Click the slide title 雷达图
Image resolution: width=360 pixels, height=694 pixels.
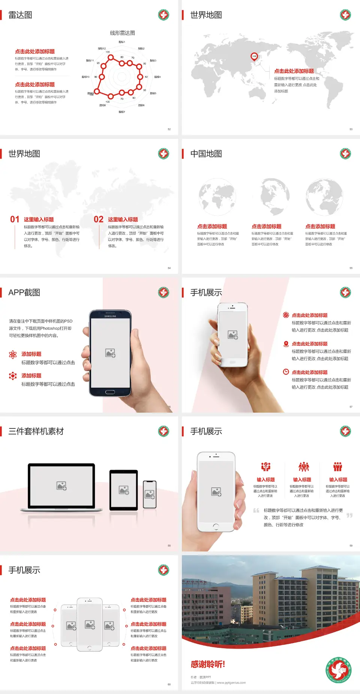coord(20,15)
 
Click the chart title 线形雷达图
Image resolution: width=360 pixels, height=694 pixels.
coord(122,33)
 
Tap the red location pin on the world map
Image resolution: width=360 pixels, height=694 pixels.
coord(254,57)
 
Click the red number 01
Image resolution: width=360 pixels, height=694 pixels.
coord(15,219)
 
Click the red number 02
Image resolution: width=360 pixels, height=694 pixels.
coord(99,219)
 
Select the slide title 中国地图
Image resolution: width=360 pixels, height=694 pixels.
coord(206,154)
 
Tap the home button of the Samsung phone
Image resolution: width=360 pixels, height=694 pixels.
coord(110,392)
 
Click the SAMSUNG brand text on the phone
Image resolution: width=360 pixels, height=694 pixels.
coord(110,316)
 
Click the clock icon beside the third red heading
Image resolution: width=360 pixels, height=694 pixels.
coord(286,372)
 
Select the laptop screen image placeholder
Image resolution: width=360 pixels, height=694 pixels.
coord(61,486)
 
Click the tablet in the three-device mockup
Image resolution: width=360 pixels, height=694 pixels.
coord(123,490)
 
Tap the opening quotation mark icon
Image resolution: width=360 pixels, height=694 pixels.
coord(256,510)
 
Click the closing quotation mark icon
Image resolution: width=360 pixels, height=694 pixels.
coord(349,515)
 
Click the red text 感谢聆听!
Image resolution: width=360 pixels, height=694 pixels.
coord(208,664)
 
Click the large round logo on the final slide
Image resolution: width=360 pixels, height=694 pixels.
coord(339,670)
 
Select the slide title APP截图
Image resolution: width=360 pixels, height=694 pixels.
coord(24,293)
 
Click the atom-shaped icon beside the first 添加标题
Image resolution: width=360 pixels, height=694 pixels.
coord(13,355)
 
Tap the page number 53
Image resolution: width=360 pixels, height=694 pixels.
coord(351,129)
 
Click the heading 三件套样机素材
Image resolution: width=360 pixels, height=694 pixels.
coord(36,431)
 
